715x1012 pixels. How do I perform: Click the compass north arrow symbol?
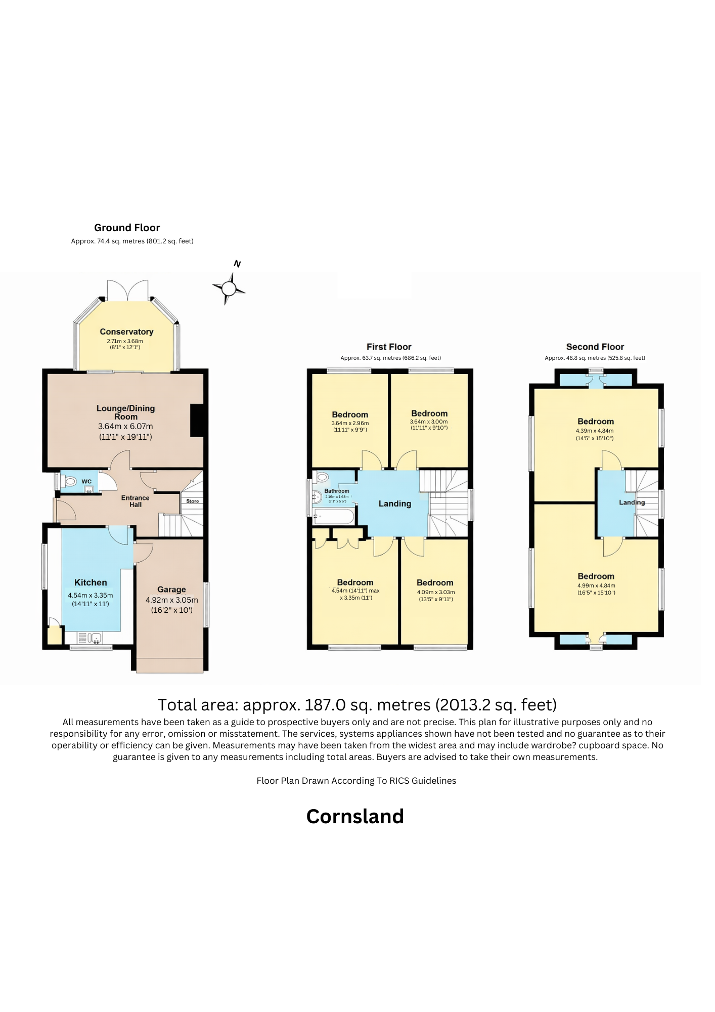(x=229, y=288)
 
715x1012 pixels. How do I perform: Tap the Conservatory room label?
(x=126, y=332)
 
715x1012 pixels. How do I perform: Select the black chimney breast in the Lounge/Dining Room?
(x=198, y=420)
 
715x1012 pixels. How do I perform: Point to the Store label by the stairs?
(x=192, y=501)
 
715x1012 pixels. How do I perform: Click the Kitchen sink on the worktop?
(x=95, y=637)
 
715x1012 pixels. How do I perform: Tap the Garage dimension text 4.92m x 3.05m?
(x=171, y=600)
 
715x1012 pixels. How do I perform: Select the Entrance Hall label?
(x=135, y=501)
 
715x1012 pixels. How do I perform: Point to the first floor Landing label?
(x=394, y=503)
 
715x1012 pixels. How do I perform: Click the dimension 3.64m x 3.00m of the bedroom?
(x=428, y=421)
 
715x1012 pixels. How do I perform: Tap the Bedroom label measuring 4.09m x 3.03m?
(x=434, y=583)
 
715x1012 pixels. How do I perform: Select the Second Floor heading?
(x=595, y=347)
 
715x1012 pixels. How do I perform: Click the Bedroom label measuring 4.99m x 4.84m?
(x=596, y=576)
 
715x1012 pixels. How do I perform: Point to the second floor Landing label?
(x=632, y=502)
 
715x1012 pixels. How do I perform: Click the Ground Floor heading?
(x=127, y=228)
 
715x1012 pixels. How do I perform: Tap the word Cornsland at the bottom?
(x=355, y=817)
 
